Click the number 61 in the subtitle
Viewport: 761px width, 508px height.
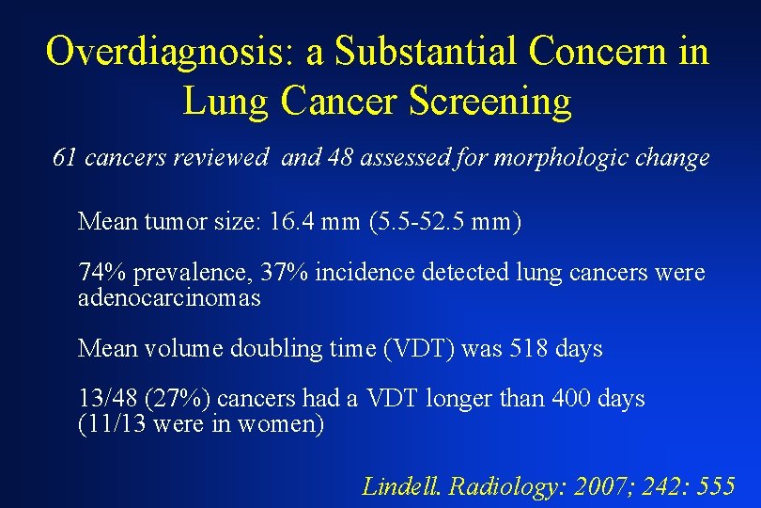[x=65, y=158]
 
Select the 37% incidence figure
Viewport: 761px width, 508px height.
[x=285, y=273]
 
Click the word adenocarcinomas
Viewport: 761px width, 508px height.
[x=169, y=298]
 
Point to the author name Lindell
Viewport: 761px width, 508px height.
[x=403, y=485]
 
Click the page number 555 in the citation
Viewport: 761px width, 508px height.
[x=717, y=485]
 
